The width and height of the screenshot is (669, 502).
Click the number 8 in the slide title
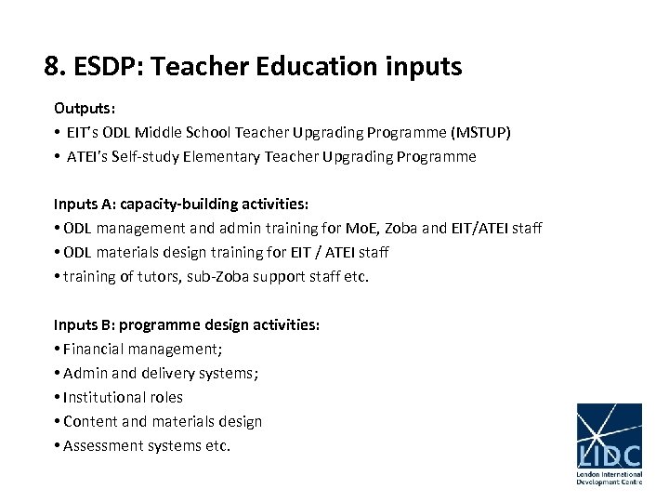[52, 67]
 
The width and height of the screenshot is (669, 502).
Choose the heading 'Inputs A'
[84, 204]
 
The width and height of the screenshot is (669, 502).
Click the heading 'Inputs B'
[84, 324]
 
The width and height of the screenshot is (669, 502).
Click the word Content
[90, 421]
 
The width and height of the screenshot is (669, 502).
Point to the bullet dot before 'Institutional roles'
[58, 398]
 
